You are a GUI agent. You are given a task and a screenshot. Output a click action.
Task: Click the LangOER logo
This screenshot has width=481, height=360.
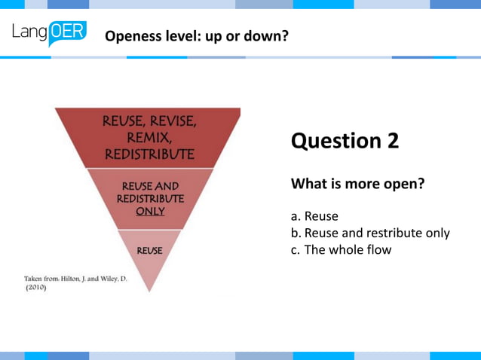pyautogui.click(x=49, y=34)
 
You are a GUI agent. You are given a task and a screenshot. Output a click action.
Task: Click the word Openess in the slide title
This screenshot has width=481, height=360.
pyautogui.click(x=132, y=35)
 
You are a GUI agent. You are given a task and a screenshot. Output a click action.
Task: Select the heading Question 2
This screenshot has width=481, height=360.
pyautogui.click(x=345, y=141)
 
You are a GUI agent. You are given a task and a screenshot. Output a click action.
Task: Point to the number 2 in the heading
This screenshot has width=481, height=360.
pyautogui.click(x=393, y=141)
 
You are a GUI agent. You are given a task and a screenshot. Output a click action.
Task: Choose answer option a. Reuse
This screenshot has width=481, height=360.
pyautogui.click(x=314, y=216)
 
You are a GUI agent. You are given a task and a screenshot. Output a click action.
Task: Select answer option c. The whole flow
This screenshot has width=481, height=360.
pyautogui.click(x=341, y=249)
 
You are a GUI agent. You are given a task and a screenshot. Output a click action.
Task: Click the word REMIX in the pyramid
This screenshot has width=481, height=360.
pyautogui.click(x=149, y=139)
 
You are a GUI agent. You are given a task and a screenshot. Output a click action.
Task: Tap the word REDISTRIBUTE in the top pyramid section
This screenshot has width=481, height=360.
pyautogui.click(x=149, y=154)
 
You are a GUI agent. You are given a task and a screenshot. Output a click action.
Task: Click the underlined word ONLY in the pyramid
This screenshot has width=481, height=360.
pyautogui.click(x=150, y=212)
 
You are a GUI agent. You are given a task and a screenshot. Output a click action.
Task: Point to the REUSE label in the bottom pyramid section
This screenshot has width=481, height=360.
pyautogui.click(x=149, y=249)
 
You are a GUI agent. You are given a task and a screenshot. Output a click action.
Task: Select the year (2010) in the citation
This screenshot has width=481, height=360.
pyautogui.click(x=35, y=288)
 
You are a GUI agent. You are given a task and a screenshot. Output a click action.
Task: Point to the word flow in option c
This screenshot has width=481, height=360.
pyautogui.click(x=378, y=249)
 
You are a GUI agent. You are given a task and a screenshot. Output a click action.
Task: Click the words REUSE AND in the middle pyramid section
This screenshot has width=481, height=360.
pyautogui.click(x=150, y=186)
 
